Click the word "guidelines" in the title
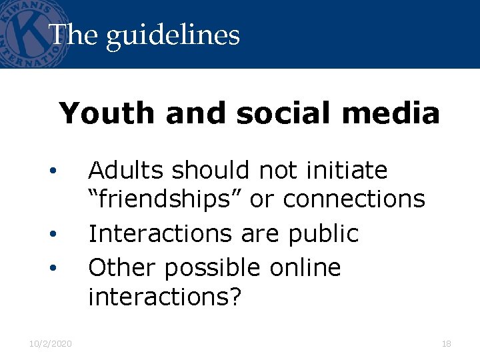tap(173, 35)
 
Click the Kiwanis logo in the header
tap(30, 33)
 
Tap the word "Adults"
tap(126, 171)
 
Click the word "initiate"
tap(347, 171)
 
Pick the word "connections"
tap(355, 199)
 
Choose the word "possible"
tap(213, 269)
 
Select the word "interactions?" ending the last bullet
tap(163, 297)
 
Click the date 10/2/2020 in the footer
tap(51, 344)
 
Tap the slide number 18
tap(446, 344)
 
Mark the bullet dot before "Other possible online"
tap(51, 268)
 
